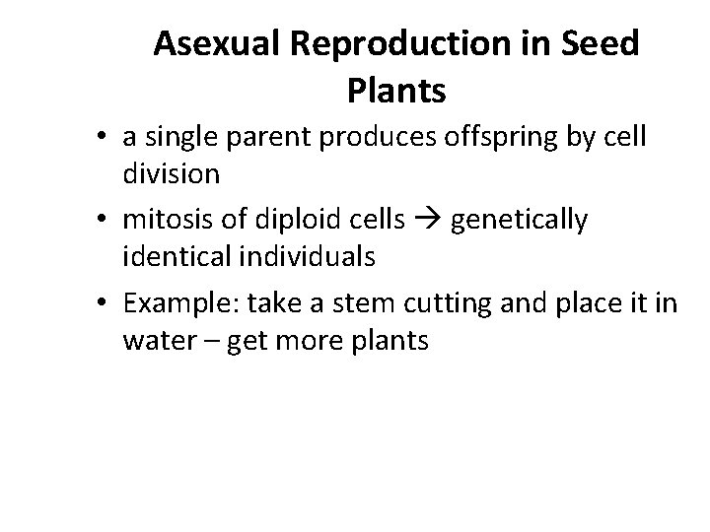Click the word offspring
tap(470, 137)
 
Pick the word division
tap(173, 174)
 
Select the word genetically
tap(520, 221)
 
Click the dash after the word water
tap(215, 342)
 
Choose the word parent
tap(265, 137)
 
